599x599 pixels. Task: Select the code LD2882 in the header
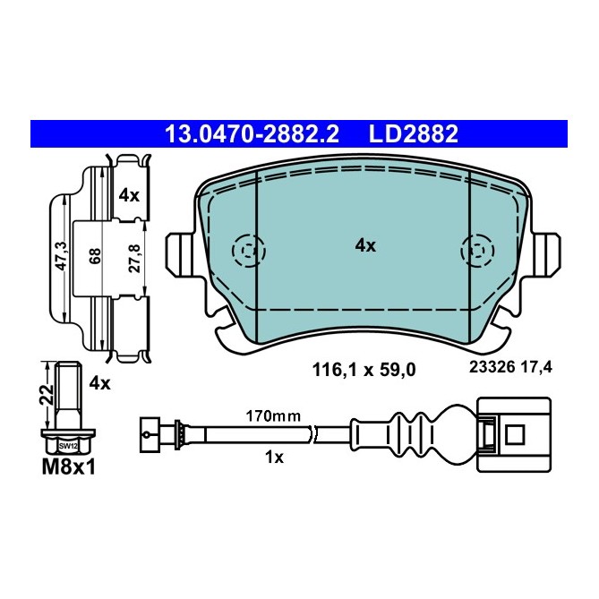point(414,134)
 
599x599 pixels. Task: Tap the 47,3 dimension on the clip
point(60,255)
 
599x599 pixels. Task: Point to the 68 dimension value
point(94,256)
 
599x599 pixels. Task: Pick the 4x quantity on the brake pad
point(364,244)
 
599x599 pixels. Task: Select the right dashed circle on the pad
point(475,250)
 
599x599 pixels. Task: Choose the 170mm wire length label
point(272,415)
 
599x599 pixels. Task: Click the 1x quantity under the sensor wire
point(273,457)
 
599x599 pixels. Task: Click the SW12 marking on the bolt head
point(69,445)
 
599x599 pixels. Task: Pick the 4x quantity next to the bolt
point(100,385)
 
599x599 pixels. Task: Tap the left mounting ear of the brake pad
point(182,255)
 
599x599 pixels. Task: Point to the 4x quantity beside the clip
point(131,193)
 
